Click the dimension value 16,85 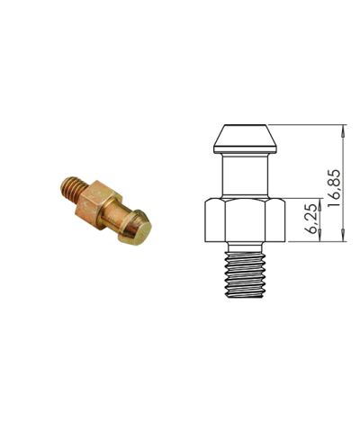tap(335, 187)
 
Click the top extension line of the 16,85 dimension tap(306, 124)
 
